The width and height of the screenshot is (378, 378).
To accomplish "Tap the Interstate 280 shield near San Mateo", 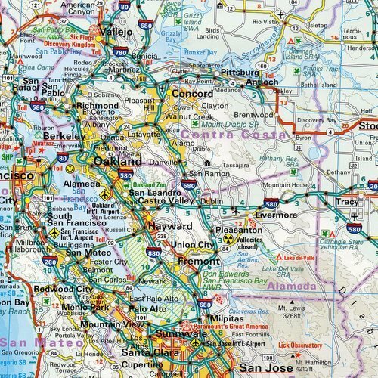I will pyautogui.click(x=50, y=261).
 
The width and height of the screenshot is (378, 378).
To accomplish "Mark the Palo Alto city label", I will pyautogui.click(x=147, y=308).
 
